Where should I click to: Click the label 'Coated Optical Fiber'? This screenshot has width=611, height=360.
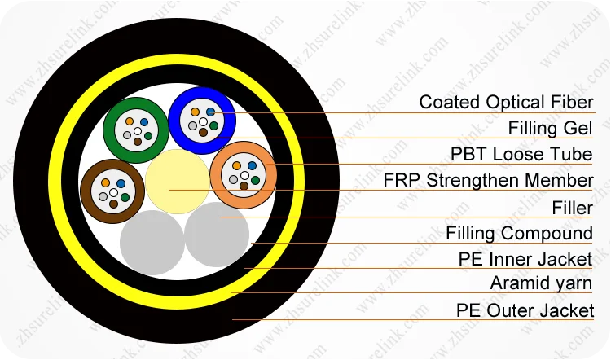click(506, 103)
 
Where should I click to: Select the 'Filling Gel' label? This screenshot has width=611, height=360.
click(550, 129)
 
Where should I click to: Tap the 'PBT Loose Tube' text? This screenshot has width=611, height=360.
click(521, 155)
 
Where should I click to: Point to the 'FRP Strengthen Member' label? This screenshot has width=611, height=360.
click(488, 181)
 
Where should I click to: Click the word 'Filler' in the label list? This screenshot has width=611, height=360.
click(572, 208)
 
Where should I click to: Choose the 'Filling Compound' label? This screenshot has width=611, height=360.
click(519, 234)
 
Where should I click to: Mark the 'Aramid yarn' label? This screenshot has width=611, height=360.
click(542, 283)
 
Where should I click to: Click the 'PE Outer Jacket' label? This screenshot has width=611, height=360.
click(525, 310)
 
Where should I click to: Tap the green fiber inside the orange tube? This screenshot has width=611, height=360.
click(255, 178)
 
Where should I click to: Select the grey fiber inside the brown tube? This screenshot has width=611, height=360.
click(103, 195)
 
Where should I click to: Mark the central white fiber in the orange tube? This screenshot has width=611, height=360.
click(244, 174)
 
